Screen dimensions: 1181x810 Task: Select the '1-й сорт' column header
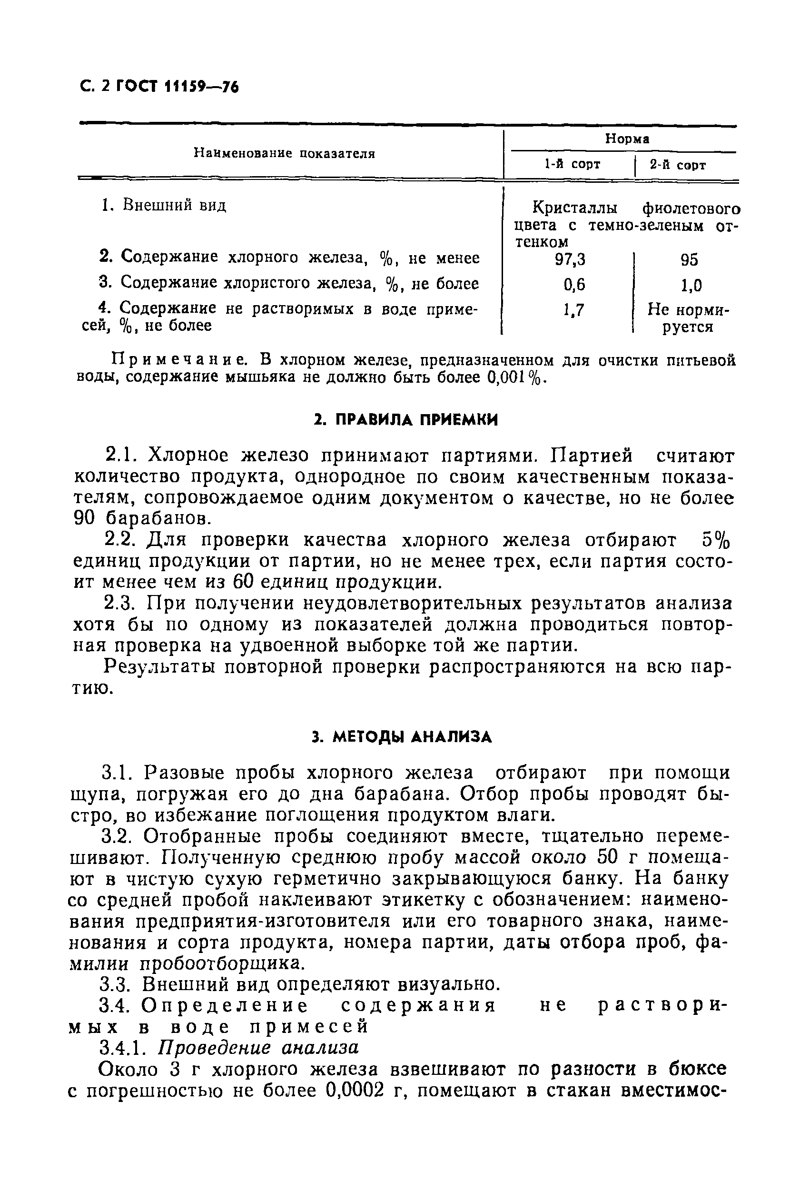point(572,165)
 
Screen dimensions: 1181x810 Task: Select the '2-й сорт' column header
point(678,165)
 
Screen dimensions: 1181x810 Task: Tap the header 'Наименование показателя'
point(285,153)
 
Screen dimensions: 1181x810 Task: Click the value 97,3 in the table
point(570,260)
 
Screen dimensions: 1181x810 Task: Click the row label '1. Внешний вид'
point(163,206)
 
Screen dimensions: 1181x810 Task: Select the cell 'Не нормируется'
point(688,318)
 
